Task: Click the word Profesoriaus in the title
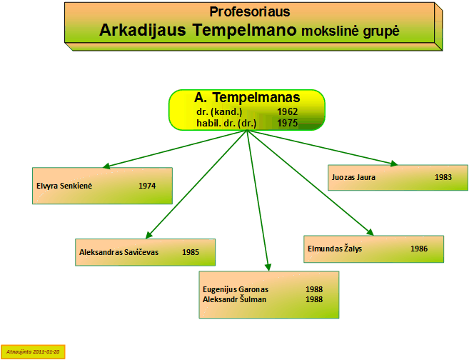click(249, 12)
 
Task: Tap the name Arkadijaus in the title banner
click(142, 31)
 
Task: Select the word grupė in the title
click(381, 31)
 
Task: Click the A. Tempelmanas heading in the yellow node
click(247, 98)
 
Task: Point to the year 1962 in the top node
click(287, 111)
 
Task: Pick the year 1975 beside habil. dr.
click(287, 123)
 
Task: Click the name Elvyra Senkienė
click(64, 186)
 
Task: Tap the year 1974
click(147, 186)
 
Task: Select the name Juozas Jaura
click(353, 177)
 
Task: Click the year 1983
click(443, 177)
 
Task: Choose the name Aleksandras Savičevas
click(118, 252)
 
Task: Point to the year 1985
click(191, 252)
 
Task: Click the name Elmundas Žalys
click(335, 249)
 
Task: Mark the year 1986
click(419, 249)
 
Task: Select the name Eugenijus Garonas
click(236, 289)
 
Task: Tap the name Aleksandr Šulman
click(234, 299)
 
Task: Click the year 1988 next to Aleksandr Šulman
click(314, 299)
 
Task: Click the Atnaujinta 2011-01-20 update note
click(33, 351)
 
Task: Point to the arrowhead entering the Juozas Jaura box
click(394, 163)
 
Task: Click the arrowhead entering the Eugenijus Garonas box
click(268, 267)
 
